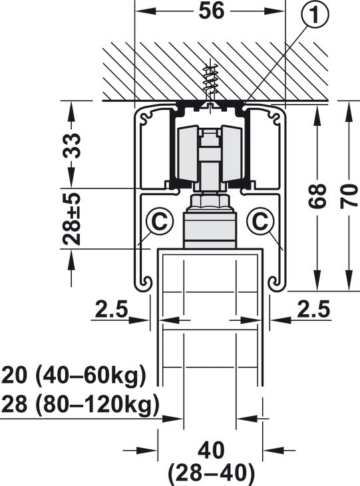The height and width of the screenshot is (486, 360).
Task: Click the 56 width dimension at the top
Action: (211, 11)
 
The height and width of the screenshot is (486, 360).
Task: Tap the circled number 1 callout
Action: (314, 15)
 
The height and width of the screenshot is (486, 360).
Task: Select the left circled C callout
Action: (160, 221)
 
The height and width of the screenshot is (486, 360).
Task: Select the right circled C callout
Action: (261, 221)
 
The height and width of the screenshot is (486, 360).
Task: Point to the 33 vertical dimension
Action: (72, 145)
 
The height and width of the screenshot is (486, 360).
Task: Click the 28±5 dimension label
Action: (72, 219)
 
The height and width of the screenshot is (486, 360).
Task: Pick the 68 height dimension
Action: (317, 196)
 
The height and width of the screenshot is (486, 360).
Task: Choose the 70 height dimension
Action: (349, 196)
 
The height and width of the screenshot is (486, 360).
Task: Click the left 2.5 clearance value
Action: (111, 310)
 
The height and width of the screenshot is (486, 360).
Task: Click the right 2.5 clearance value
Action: (313, 310)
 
